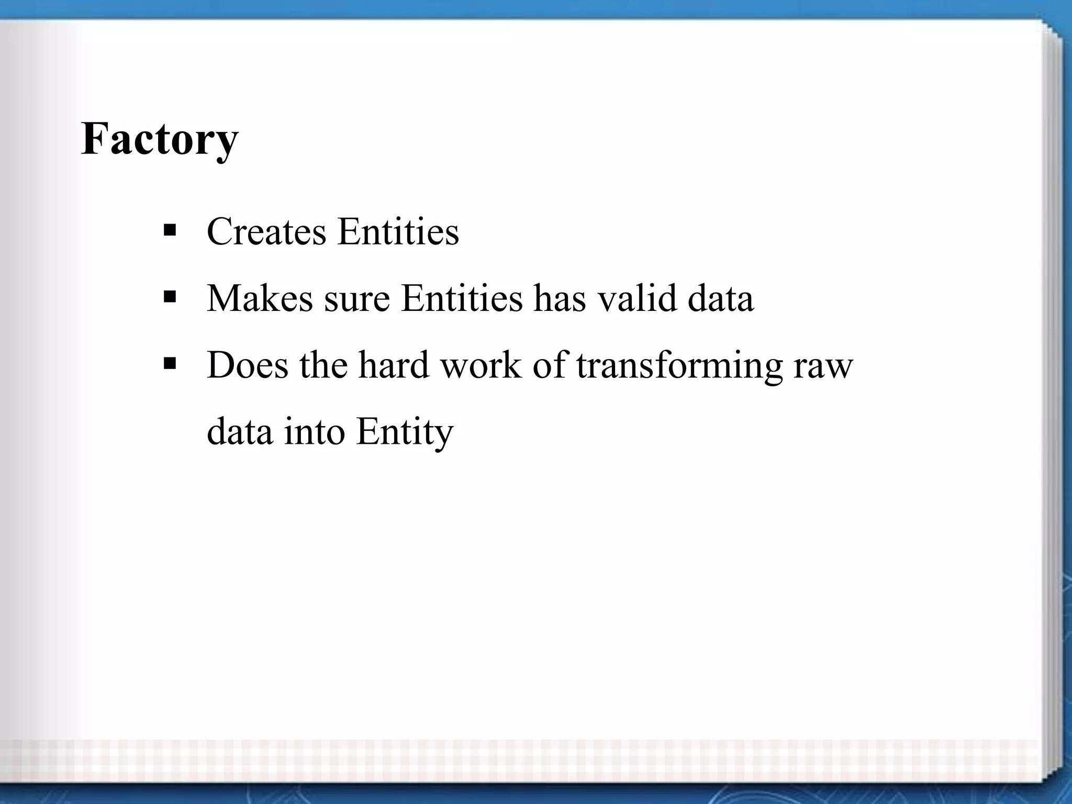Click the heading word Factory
[160, 139]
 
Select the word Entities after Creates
[398, 231]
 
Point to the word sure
[357, 299]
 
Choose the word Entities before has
[462, 298]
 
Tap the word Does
[248, 365]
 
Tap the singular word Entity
[404, 433]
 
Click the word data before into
[240, 432]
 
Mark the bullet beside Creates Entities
[170, 230]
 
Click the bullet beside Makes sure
[170, 297]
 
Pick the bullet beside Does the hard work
[170, 363]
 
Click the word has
[559, 298]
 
